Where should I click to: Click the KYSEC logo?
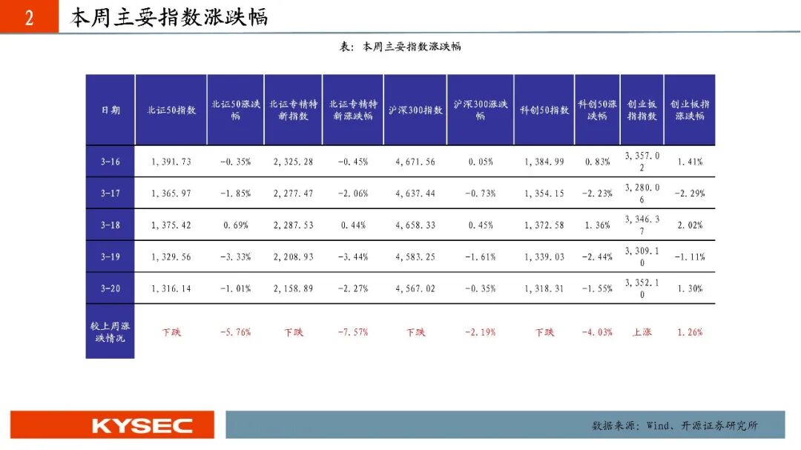(x=142, y=426)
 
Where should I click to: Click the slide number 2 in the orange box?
(x=29, y=18)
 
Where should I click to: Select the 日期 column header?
(x=111, y=110)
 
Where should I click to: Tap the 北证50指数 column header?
(x=171, y=110)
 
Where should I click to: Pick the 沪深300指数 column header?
(x=415, y=110)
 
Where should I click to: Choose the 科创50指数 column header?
(x=544, y=110)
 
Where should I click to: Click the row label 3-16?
(x=111, y=162)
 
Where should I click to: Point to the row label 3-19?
(x=111, y=257)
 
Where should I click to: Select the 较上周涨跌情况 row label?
(x=111, y=332)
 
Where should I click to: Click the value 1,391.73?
(x=171, y=162)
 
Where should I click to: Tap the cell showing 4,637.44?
(x=415, y=193)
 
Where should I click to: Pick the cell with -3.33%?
(x=236, y=257)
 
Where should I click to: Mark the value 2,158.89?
(x=293, y=288)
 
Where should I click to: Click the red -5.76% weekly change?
(x=236, y=332)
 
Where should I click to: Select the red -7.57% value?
(x=353, y=332)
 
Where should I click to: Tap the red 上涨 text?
(x=642, y=332)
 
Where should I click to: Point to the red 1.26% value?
(x=690, y=332)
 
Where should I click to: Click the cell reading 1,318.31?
(x=544, y=288)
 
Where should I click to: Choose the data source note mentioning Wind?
(x=674, y=425)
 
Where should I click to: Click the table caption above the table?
(x=400, y=47)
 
